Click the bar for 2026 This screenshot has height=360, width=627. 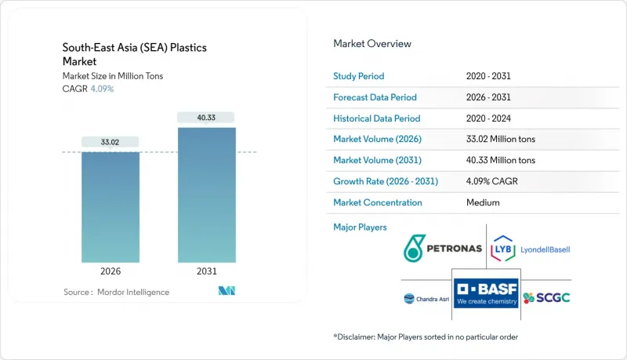click(111, 207)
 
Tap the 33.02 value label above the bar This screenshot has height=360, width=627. click(111, 142)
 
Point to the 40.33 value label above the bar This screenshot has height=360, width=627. click(206, 118)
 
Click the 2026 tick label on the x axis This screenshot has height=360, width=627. click(111, 272)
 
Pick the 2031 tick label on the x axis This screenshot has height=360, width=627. click(206, 272)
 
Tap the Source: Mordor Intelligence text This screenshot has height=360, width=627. click(116, 292)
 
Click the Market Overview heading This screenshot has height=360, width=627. click(372, 44)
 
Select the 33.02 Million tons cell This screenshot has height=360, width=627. click(500, 140)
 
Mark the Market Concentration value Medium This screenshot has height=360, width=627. click(483, 202)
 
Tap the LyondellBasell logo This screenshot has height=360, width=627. click(531, 249)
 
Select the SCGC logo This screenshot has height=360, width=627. click(546, 297)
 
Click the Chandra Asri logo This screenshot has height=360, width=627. click(426, 298)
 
